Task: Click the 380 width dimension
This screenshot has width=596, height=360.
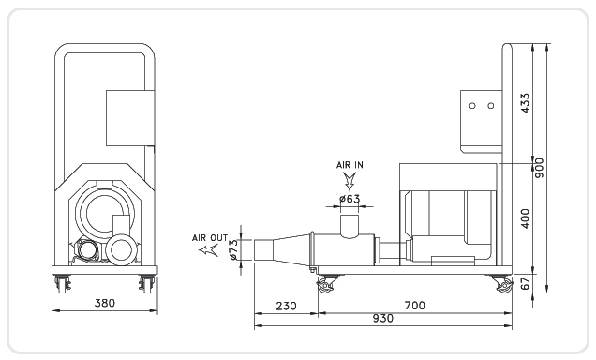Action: tap(105, 303)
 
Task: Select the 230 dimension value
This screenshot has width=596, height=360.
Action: tap(286, 306)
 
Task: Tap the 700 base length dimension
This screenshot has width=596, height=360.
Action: tap(415, 306)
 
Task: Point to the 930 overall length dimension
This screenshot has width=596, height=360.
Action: tap(382, 318)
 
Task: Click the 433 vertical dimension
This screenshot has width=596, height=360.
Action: tap(525, 102)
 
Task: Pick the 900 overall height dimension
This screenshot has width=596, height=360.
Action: tap(539, 168)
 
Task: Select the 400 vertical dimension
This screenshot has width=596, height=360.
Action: tap(525, 218)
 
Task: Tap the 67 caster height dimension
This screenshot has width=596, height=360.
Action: tap(525, 283)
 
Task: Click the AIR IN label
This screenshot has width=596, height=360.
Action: tap(350, 165)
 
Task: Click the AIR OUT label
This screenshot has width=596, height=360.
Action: tap(210, 238)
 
